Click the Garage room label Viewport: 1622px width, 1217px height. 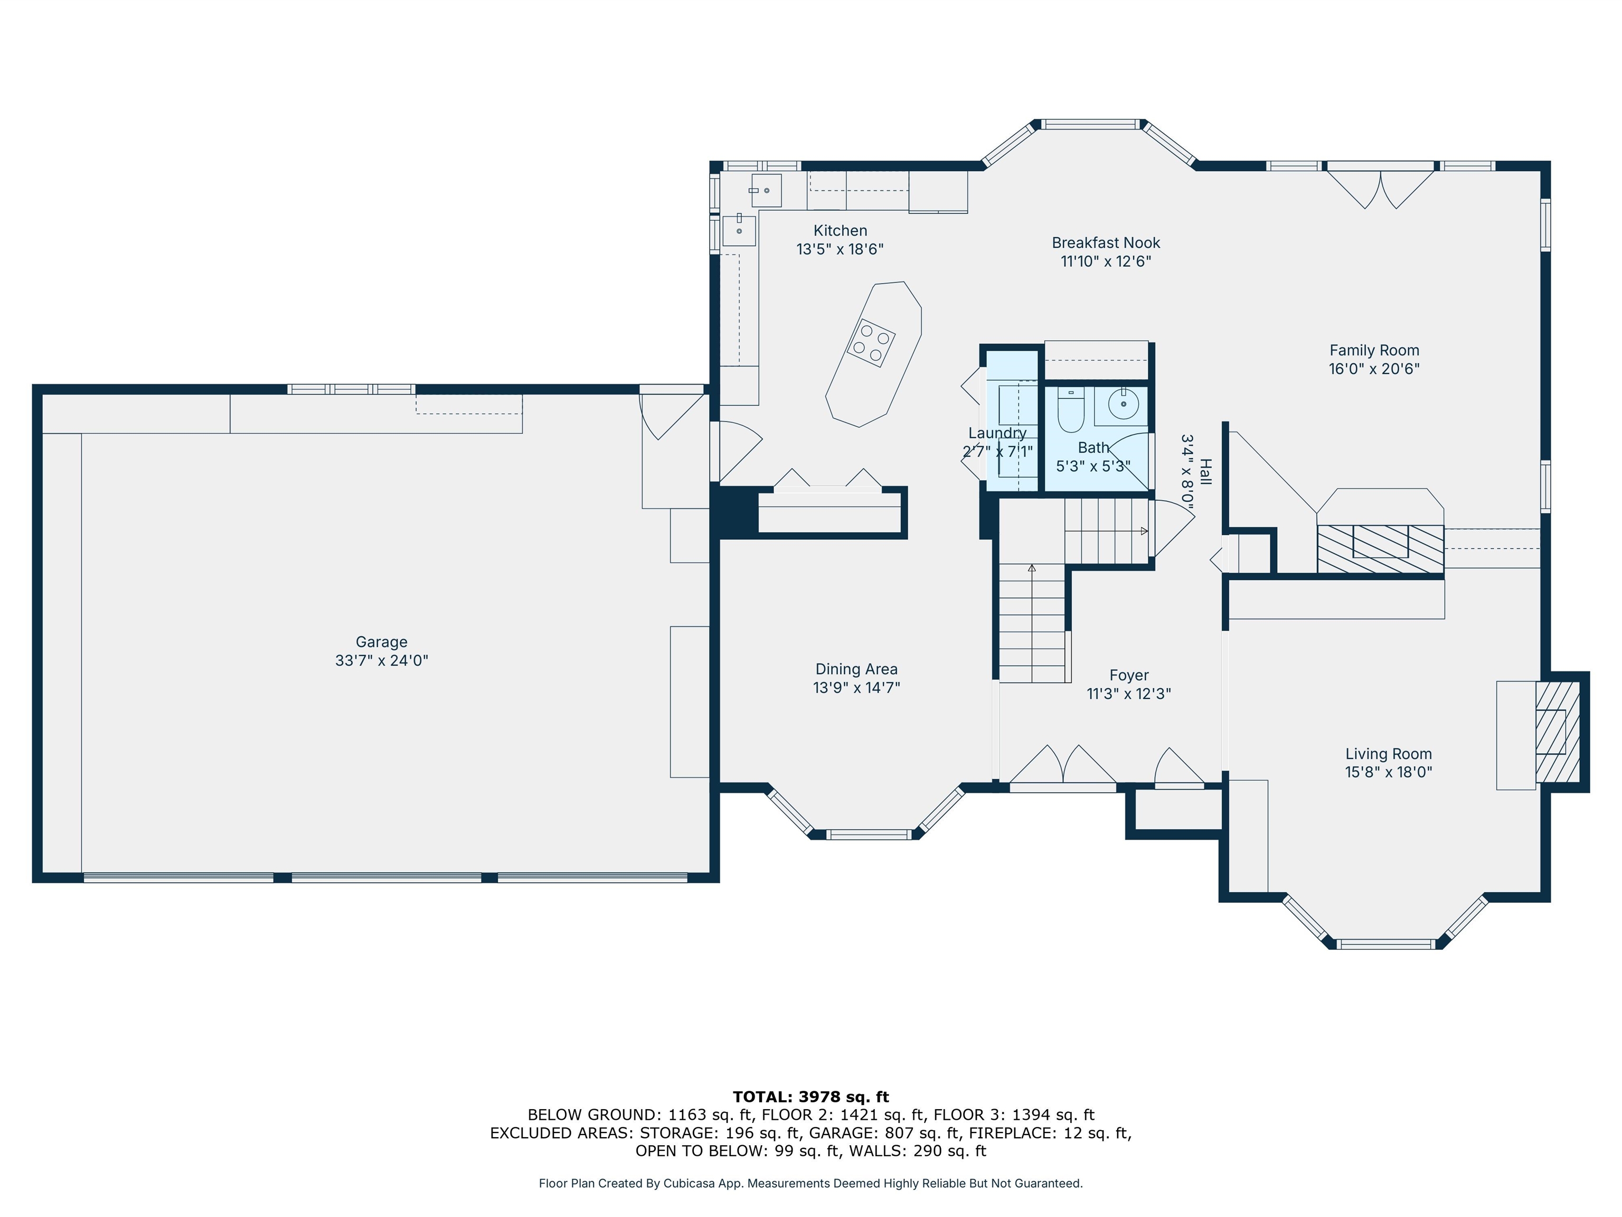click(x=381, y=642)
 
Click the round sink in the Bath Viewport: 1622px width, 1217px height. click(x=1123, y=402)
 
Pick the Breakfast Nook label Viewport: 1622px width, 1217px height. click(x=1106, y=243)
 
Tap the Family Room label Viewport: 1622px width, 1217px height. click(x=1374, y=351)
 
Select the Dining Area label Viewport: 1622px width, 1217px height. click(x=856, y=669)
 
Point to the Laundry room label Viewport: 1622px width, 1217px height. click(x=997, y=433)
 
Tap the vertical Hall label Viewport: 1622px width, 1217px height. click(x=1205, y=472)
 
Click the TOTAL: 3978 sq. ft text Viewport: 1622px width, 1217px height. click(x=811, y=1097)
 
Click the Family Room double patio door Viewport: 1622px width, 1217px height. click(x=1380, y=187)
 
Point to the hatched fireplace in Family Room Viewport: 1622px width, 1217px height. click(x=1380, y=549)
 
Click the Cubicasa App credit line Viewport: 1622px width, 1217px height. click(x=810, y=1183)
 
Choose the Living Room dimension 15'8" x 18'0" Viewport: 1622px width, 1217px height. click(x=1388, y=772)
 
